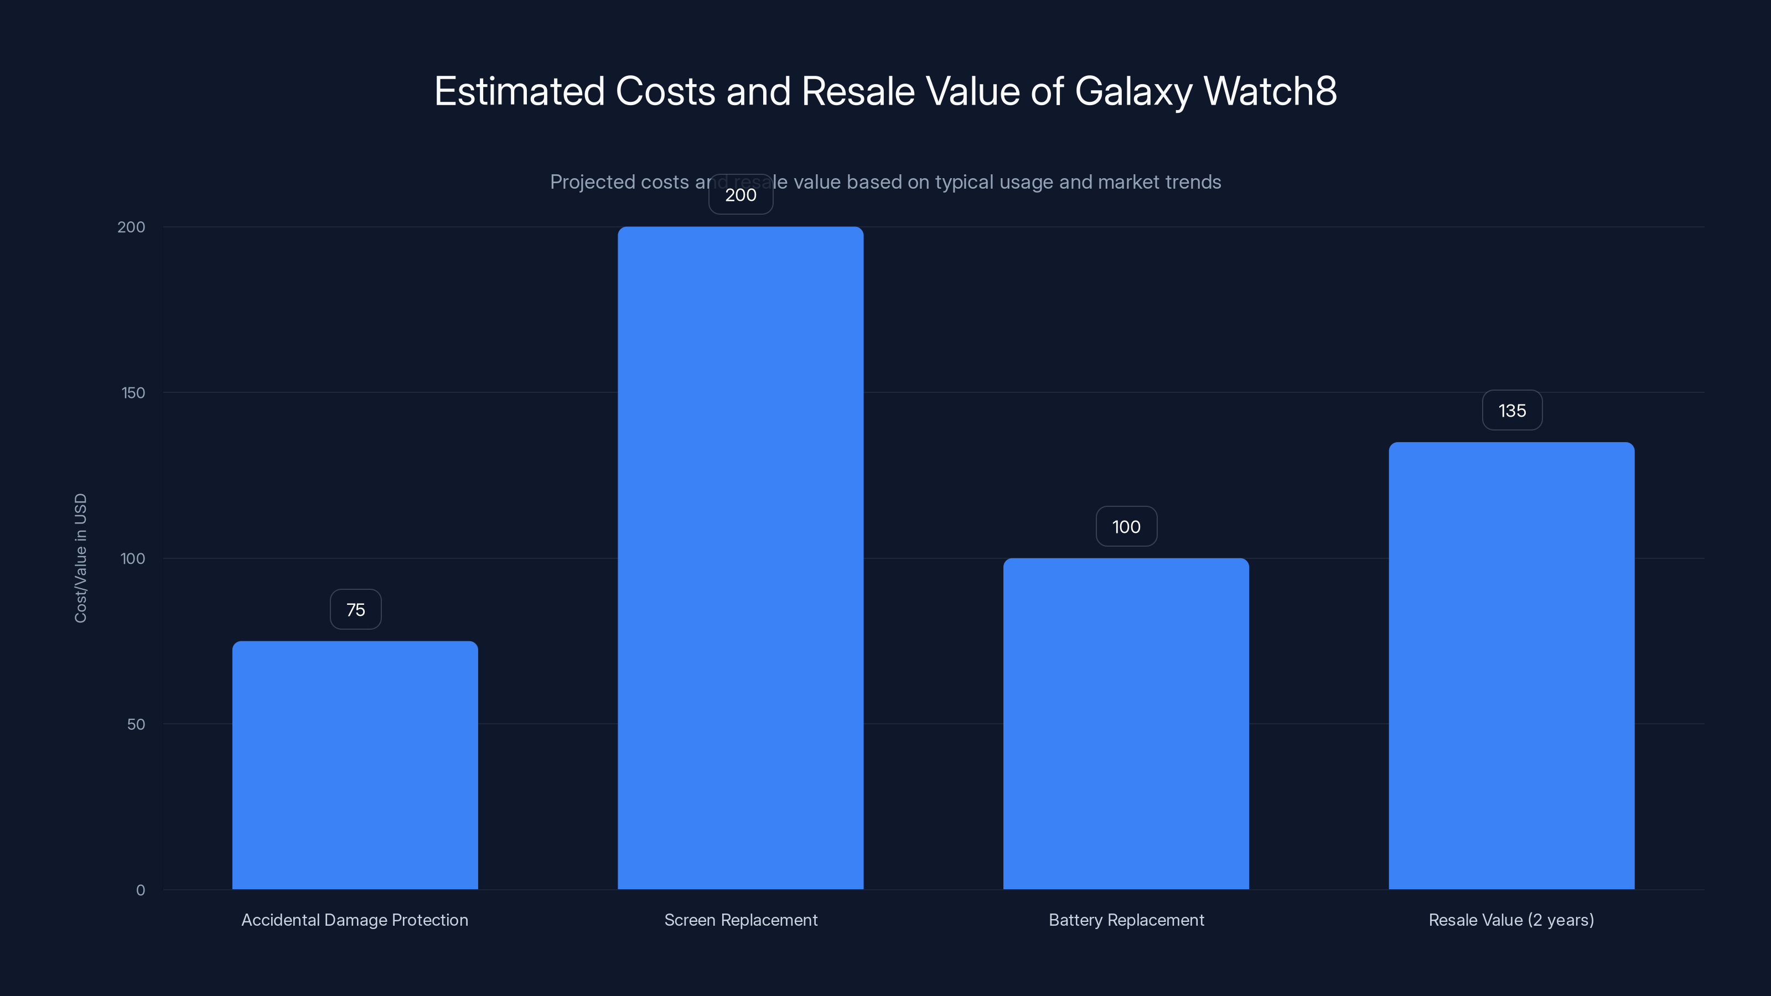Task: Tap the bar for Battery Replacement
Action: [1126, 723]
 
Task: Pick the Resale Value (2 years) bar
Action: [1511, 665]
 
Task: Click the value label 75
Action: [355, 610]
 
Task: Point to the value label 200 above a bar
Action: [740, 195]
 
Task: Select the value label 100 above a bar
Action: [1126, 527]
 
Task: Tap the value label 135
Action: [1512, 411]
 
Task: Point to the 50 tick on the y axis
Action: [136, 724]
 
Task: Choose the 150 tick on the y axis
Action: [133, 392]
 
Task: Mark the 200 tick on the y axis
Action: [131, 227]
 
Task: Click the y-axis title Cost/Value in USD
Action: [80, 558]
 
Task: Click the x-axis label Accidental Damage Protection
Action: [355, 920]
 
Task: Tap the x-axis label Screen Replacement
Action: [740, 920]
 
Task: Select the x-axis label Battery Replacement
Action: [1126, 920]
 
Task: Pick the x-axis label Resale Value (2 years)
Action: [1511, 920]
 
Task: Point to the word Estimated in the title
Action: [519, 91]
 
